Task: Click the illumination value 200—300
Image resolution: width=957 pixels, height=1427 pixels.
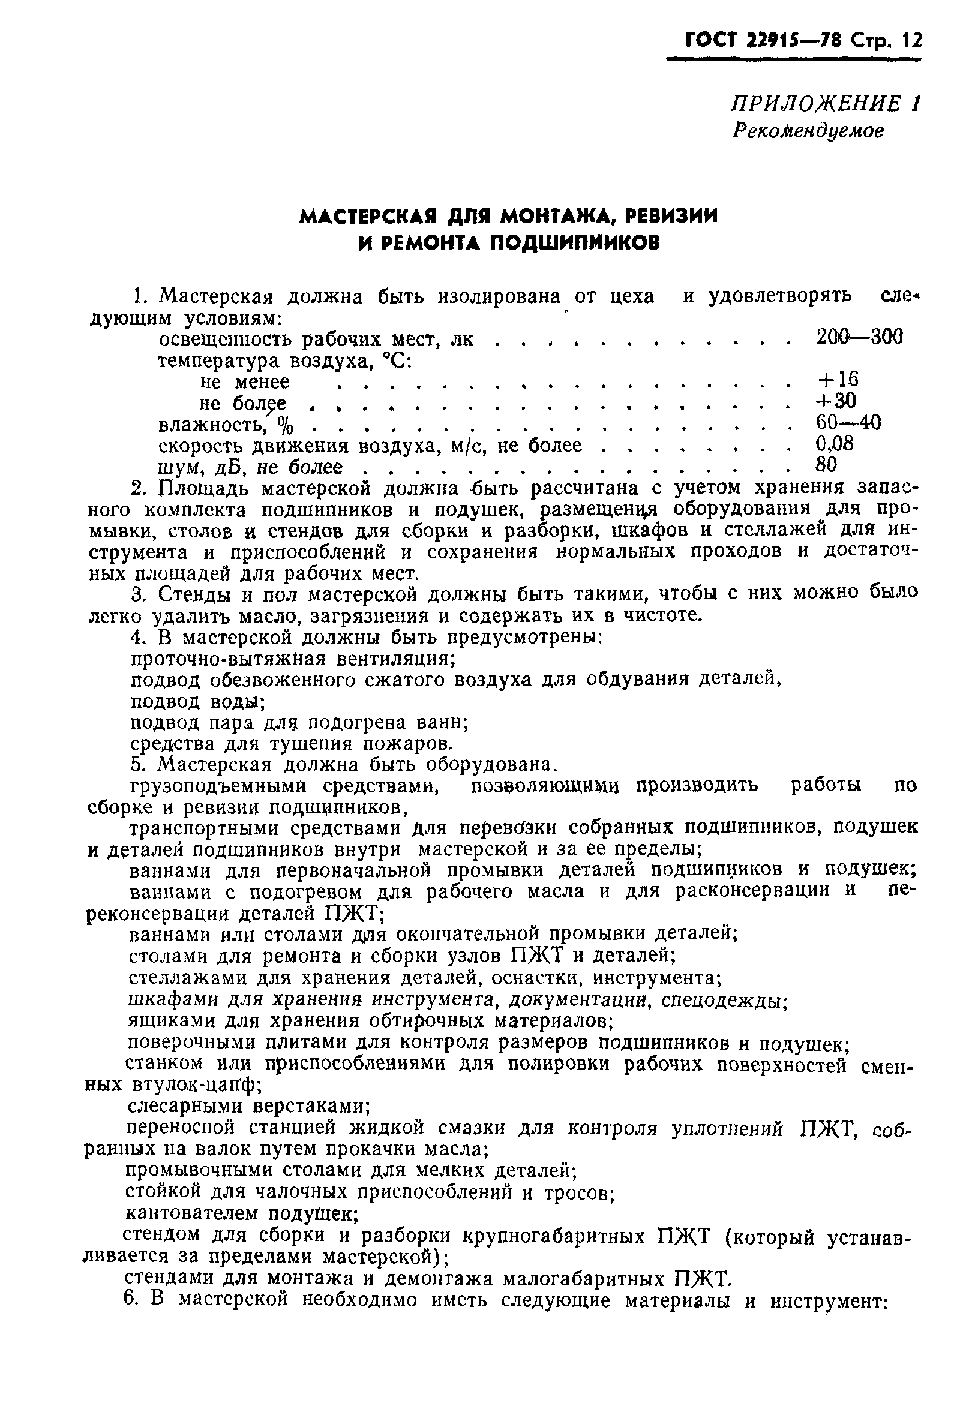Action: click(x=859, y=337)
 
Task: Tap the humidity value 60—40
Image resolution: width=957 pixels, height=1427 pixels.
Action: click(x=848, y=422)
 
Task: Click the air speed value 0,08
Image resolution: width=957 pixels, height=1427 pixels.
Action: click(x=835, y=443)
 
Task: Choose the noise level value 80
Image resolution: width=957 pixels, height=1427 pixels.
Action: click(x=826, y=465)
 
